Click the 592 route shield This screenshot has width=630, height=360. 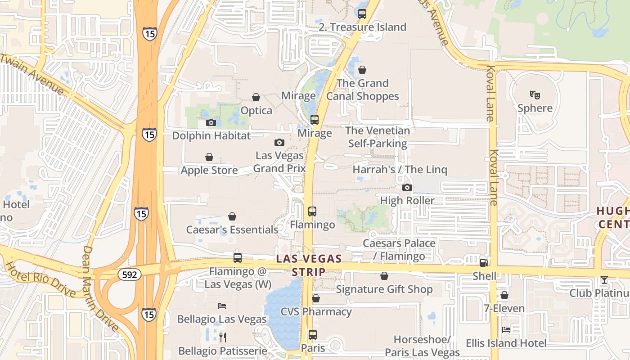(x=130, y=274)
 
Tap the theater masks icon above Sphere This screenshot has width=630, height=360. (x=535, y=94)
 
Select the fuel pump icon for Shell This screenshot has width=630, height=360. (x=484, y=262)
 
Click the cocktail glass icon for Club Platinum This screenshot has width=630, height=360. (x=604, y=280)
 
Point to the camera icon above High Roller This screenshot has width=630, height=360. (x=407, y=187)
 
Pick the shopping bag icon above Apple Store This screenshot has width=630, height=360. (x=209, y=157)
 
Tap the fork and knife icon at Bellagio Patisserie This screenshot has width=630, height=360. (x=222, y=337)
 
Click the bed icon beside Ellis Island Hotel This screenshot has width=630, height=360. (x=506, y=329)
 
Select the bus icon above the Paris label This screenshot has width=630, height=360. (x=313, y=335)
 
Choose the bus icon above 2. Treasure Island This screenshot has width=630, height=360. (x=362, y=13)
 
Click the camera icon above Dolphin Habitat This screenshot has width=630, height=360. (x=211, y=122)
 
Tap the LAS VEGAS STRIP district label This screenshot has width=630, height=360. (x=309, y=265)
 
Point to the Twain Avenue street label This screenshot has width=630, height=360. (x=32, y=75)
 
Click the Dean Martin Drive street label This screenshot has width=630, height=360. (x=100, y=288)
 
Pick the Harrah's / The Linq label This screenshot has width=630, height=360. (x=400, y=170)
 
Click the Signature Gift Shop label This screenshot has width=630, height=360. (x=384, y=289)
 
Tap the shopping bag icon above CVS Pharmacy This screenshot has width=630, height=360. (x=316, y=298)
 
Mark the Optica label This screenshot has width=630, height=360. (x=256, y=110)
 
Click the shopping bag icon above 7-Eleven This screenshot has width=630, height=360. (x=504, y=295)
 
